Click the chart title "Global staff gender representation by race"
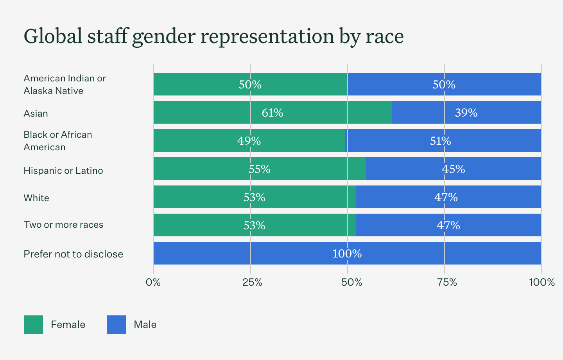213,36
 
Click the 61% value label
273,113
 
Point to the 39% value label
466,113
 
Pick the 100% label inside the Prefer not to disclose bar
347,254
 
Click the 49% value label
249,141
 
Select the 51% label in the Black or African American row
441,141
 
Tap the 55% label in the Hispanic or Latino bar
260,169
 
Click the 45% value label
454,169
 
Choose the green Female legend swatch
34,325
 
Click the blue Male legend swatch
117,325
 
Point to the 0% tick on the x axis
153,282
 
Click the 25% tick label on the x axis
252,282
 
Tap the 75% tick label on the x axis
447,282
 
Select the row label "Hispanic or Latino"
63,171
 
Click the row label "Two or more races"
63,225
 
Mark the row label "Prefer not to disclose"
73,254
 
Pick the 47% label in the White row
446,197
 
